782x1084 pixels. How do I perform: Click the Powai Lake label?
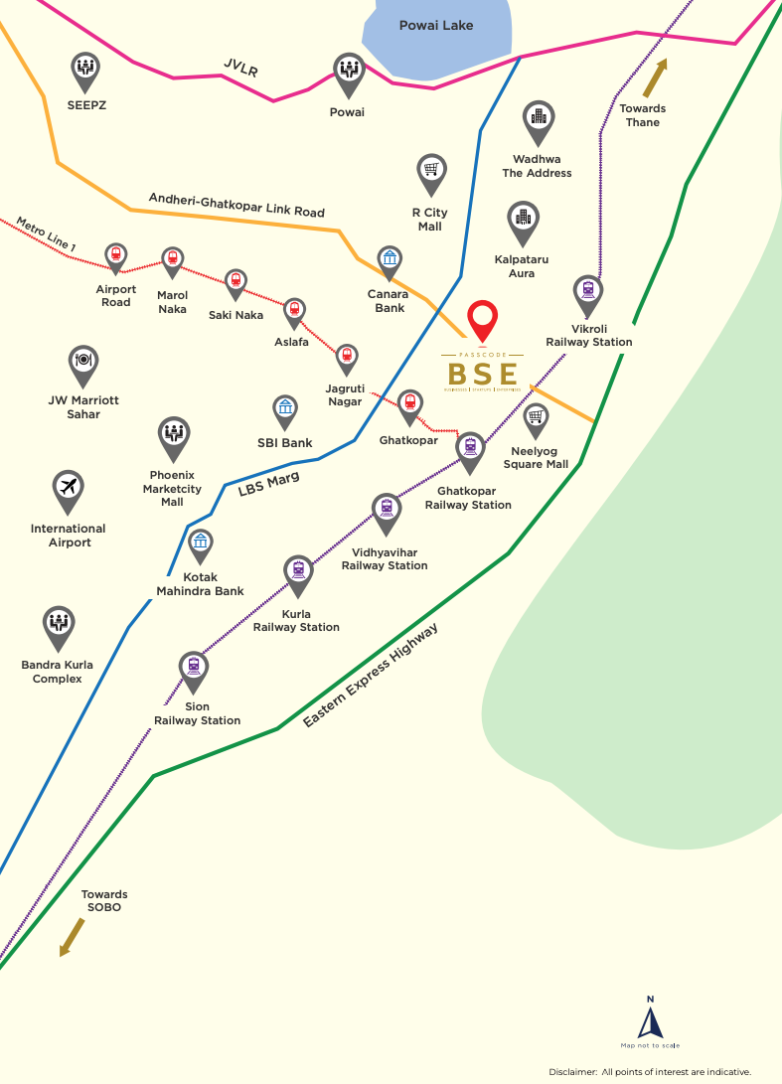click(x=436, y=25)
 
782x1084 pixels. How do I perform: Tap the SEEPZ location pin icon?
click(x=85, y=69)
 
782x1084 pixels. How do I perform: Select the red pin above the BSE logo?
click(x=482, y=321)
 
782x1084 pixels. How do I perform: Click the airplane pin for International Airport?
click(x=69, y=489)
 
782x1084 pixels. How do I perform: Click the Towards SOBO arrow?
click(x=72, y=937)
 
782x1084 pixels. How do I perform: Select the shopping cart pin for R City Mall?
click(x=431, y=172)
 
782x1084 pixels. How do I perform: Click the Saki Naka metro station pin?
click(x=235, y=282)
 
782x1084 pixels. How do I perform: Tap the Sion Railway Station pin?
click(x=194, y=669)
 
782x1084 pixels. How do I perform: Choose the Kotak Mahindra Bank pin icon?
click(x=202, y=544)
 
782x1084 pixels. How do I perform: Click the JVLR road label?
click(x=240, y=69)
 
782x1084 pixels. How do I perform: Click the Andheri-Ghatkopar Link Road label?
click(x=236, y=205)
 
